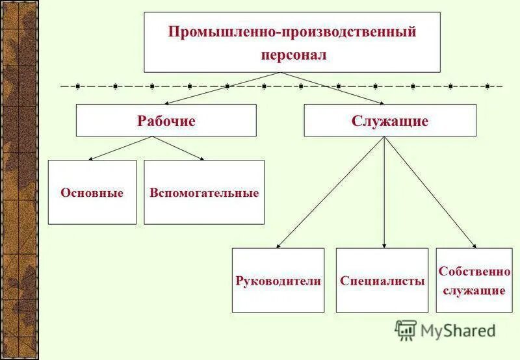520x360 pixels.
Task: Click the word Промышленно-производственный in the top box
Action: point(292,32)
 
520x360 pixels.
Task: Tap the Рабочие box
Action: point(166,121)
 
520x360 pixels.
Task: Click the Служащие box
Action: point(390,121)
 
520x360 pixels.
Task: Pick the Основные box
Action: point(92,193)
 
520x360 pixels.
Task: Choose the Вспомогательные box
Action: point(204,193)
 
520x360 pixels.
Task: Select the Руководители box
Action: point(278,281)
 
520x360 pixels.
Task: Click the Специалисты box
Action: point(382,281)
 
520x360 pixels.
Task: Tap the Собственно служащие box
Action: point(474,281)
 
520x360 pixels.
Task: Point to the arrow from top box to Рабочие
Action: point(214,88)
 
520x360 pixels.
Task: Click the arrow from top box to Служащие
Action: point(338,88)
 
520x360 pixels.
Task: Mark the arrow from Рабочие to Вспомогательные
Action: point(175,148)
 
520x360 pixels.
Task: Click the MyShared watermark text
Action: point(458,331)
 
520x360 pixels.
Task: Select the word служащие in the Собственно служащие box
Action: point(474,290)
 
